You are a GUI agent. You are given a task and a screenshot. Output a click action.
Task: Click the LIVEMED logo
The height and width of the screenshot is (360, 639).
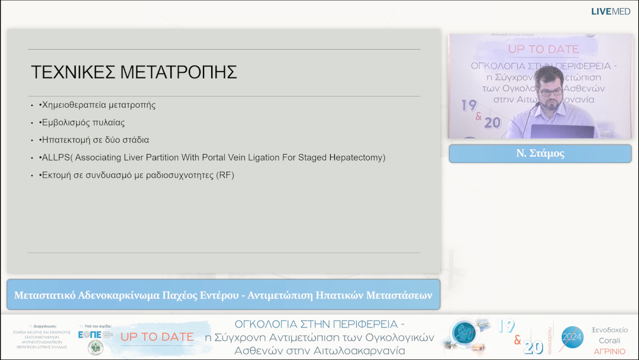(x=611, y=11)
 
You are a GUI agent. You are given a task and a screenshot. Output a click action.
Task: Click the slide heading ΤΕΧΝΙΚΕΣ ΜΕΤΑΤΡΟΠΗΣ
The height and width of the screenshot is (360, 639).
(x=134, y=72)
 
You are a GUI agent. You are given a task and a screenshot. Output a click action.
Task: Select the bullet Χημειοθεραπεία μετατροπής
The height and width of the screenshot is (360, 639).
(x=98, y=105)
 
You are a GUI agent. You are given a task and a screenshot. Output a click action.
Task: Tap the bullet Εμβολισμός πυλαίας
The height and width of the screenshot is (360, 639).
(x=82, y=123)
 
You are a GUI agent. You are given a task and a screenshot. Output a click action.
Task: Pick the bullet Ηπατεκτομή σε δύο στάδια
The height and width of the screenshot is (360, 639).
(x=94, y=140)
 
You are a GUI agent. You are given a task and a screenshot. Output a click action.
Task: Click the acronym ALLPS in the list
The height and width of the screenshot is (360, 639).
(x=55, y=157)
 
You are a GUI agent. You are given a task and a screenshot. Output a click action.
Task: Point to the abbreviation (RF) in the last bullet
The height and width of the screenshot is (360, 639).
(x=225, y=175)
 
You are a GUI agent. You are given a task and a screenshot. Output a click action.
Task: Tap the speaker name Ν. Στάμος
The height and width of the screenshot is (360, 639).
(x=540, y=153)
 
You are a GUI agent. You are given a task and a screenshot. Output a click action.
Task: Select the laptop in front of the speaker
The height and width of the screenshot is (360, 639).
(x=561, y=131)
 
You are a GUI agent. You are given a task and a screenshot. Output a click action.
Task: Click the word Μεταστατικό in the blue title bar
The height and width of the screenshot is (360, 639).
(x=44, y=295)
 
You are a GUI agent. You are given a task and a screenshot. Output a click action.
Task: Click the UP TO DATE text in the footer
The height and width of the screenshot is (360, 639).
(x=157, y=337)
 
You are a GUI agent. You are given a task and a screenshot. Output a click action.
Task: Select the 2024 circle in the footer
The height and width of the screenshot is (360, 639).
(x=572, y=337)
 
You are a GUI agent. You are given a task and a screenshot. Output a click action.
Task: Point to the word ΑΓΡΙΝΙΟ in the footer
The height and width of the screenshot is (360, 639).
(x=609, y=351)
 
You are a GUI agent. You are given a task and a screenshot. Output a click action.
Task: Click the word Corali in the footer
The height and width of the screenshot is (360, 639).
(x=609, y=340)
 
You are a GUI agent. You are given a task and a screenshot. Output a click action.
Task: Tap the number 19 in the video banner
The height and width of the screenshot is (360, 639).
(x=469, y=105)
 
